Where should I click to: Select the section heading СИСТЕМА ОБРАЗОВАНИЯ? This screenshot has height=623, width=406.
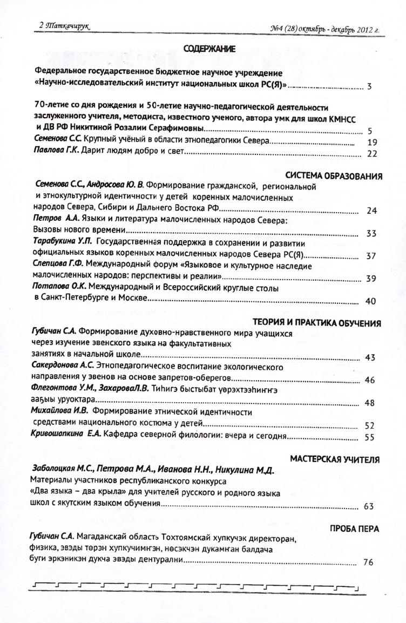point(333,175)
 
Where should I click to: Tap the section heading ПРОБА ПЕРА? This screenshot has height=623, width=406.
point(354,529)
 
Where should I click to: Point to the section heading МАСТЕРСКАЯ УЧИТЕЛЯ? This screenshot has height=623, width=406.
point(335,459)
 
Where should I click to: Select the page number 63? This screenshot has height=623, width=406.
point(370,506)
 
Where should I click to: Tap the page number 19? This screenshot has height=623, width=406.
point(371,143)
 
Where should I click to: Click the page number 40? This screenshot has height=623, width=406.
point(370,301)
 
